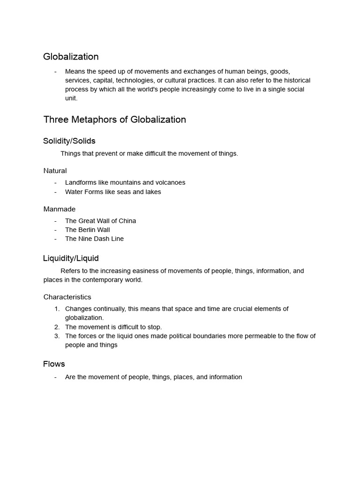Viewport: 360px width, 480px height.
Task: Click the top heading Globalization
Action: [71, 57]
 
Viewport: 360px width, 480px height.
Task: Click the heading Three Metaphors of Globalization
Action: [114, 120]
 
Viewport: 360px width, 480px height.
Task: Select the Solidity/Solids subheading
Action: [69, 141]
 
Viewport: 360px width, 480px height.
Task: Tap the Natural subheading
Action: [55, 171]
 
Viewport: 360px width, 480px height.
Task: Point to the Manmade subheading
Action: [59, 209]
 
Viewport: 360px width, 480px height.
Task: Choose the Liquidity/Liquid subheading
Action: [71, 258]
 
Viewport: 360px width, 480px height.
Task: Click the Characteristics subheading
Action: [67, 297]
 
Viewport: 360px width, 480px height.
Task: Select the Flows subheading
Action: [54, 364]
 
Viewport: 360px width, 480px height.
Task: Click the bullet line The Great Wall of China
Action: [100, 221]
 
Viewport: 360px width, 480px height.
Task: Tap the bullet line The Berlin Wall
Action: [87, 230]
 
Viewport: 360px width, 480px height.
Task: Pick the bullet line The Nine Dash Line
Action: [94, 239]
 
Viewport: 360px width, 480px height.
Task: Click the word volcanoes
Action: [170, 182]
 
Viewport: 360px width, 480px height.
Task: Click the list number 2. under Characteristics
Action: [57, 327]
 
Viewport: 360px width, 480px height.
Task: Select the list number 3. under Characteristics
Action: [57, 336]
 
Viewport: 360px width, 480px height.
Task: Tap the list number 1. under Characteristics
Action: [57, 308]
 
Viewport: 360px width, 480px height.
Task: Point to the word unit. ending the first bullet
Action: [71, 98]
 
